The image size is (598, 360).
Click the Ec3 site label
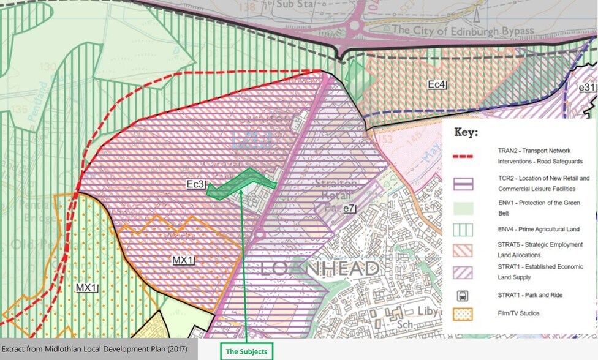coord(195,184)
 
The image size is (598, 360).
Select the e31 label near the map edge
coord(587,88)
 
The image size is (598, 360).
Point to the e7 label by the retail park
coord(349,209)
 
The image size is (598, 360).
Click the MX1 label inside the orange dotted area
coord(86,288)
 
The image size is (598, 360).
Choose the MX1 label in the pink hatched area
coord(183,260)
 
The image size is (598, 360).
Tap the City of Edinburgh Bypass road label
coord(463,30)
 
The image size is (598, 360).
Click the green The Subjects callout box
coord(246,351)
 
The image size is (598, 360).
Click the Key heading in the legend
coord(466,132)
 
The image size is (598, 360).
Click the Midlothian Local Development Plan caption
coord(99,349)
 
